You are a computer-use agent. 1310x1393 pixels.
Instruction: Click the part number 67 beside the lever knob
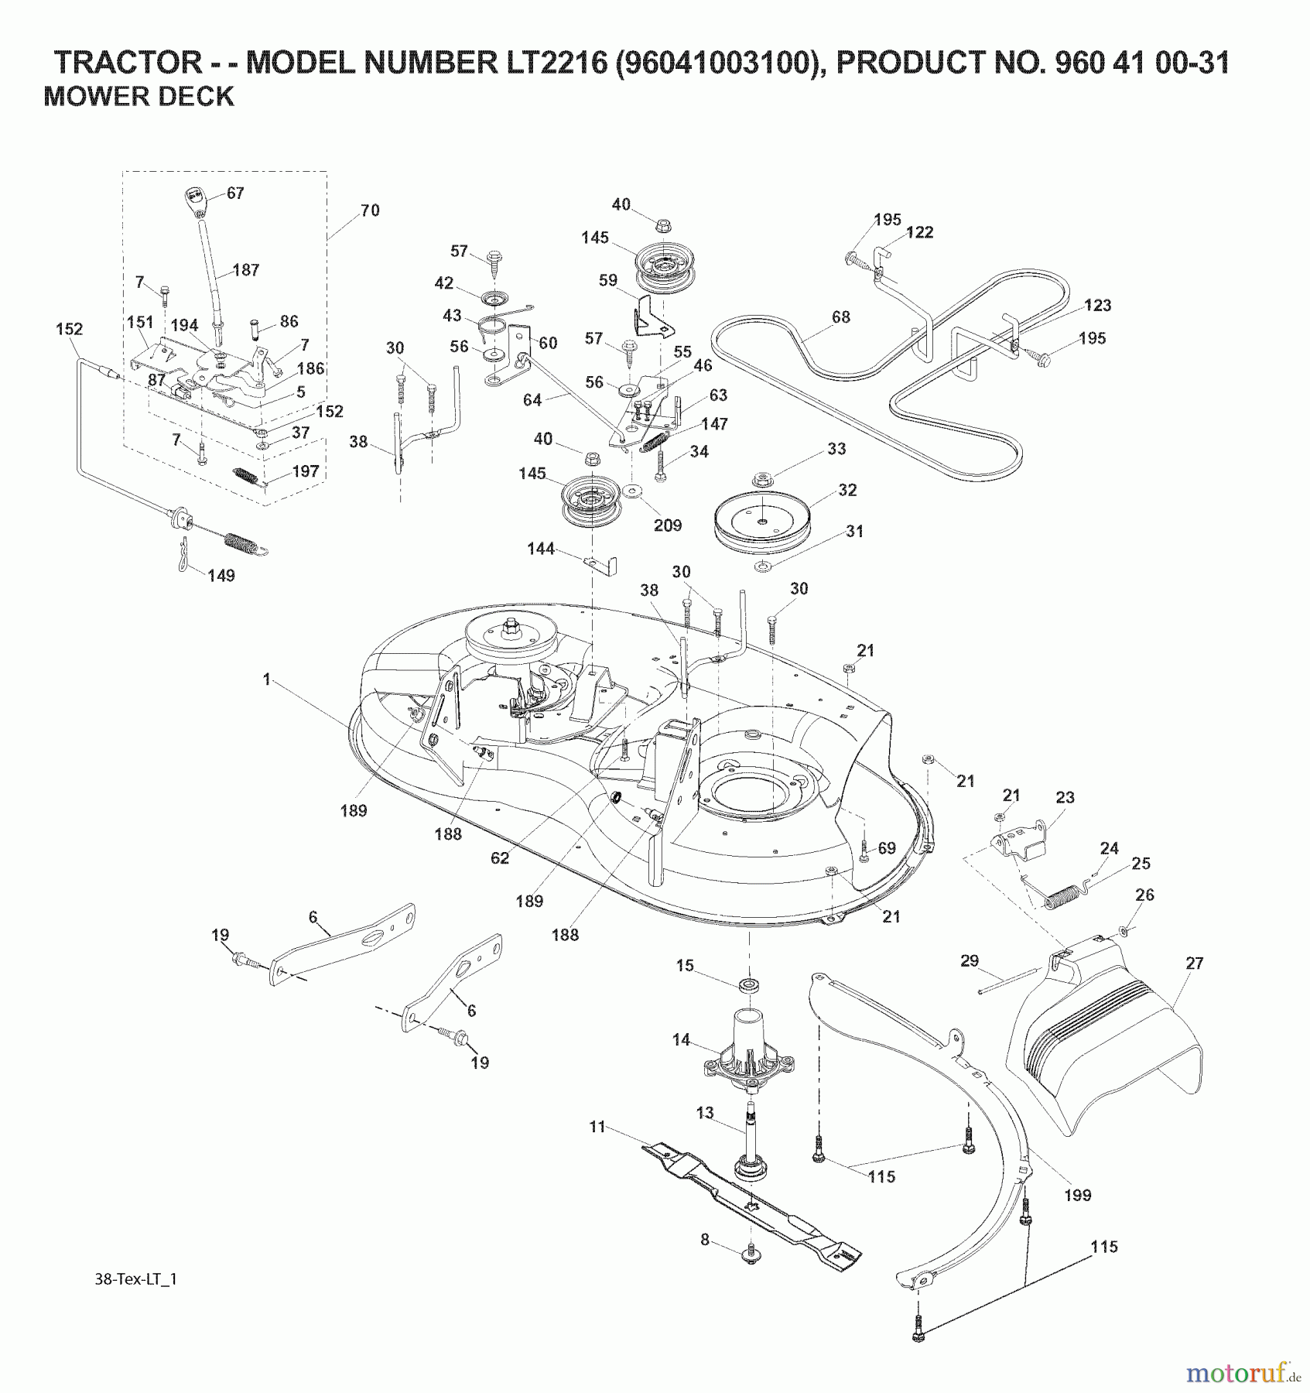(235, 193)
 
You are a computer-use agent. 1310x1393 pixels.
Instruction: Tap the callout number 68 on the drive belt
(840, 317)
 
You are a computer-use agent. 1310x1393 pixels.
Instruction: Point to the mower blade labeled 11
(751, 1211)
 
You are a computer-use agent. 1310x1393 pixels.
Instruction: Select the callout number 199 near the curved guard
(1077, 1195)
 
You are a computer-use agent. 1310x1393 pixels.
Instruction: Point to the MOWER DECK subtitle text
(139, 97)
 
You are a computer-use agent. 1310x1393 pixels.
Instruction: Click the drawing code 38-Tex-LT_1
(132, 1279)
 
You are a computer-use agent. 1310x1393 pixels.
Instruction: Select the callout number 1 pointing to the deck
(267, 679)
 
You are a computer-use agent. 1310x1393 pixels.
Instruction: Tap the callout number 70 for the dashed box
(370, 210)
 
